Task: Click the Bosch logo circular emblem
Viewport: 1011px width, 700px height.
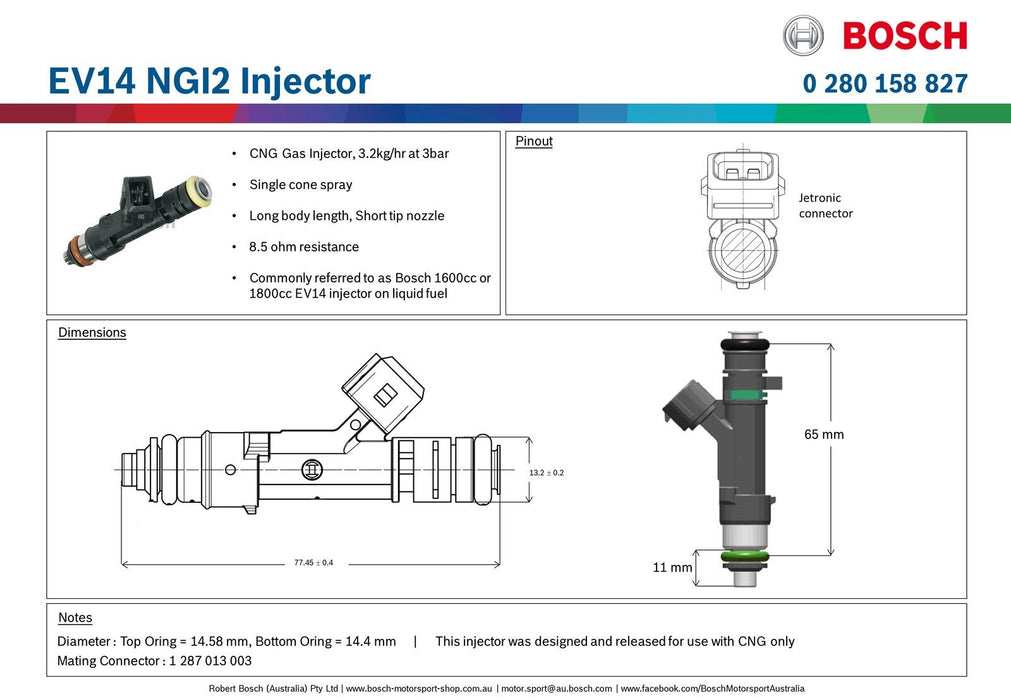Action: [x=803, y=35]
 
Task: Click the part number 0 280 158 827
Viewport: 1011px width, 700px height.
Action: [x=885, y=83]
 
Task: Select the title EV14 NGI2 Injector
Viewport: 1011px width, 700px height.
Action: [x=209, y=81]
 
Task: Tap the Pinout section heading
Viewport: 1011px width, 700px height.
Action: [x=534, y=141]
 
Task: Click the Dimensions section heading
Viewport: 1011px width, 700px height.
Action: [x=92, y=332]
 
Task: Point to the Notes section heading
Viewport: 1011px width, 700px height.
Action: [x=75, y=618]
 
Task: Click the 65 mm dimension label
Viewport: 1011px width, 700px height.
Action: [x=824, y=434]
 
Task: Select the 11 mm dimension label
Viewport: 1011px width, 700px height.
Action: [x=672, y=567]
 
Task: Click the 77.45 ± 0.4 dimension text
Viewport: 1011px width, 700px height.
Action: [x=313, y=563]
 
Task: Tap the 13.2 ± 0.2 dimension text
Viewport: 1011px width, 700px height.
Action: [x=546, y=472]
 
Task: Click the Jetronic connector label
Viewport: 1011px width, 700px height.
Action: [x=825, y=206]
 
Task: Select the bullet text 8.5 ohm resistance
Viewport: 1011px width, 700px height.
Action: [x=304, y=247]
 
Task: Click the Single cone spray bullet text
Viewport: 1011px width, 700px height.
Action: [x=300, y=185]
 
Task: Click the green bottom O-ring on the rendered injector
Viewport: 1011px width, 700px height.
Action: [x=745, y=555]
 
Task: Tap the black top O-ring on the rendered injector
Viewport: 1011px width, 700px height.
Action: [x=745, y=346]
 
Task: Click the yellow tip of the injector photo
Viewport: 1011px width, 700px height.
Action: [x=202, y=187]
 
